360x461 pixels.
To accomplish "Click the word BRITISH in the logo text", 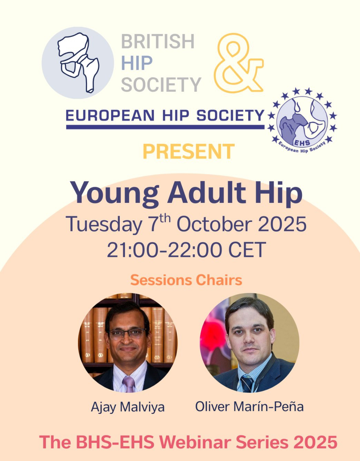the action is click(x=157, y=41).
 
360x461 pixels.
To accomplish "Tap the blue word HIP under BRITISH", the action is click(x=137, y=63).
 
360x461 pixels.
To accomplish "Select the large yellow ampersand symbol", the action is click(x=239, y=63).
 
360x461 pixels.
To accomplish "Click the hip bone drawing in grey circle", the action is click(x=78, y=62).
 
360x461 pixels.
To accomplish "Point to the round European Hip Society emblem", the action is click(x=302, y=121).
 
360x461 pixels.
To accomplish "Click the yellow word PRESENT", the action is click(x=189, y=151).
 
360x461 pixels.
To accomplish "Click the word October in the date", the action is click(x=216, y=224).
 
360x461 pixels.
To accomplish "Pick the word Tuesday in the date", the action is click(x=104, y=225).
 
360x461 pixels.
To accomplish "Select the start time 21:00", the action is click(x=135, y=250).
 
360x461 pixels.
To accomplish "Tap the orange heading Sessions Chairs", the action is click(x=186, y=280).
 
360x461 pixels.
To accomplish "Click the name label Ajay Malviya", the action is click(x=128, y=407).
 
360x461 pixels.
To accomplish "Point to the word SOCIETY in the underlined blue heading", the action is click(x=230, y=115).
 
